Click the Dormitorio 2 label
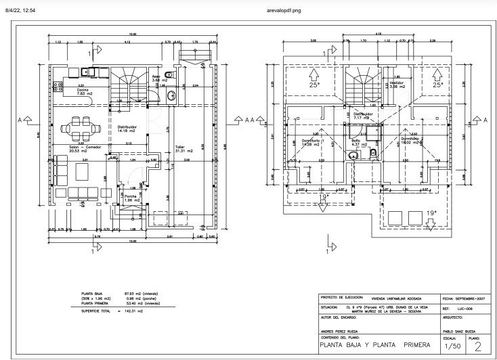[x=412, y=141]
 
